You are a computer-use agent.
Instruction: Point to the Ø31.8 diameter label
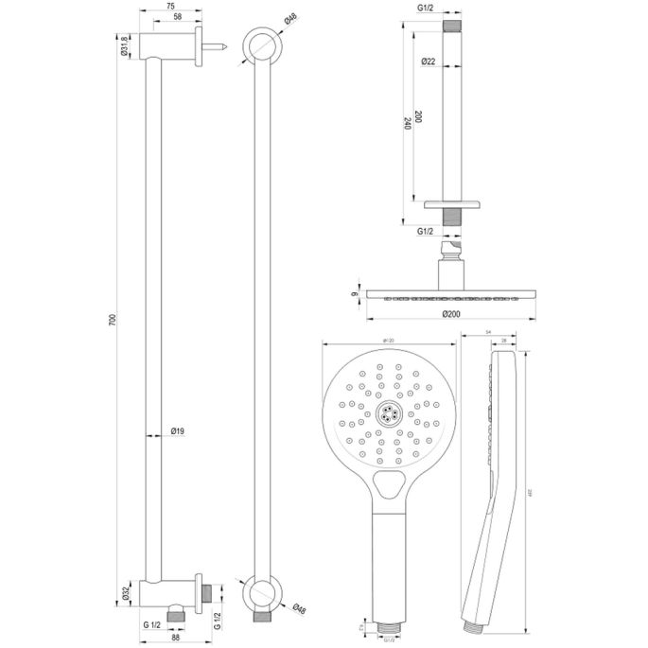(x=125, y=45)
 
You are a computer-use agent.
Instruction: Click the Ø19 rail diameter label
(x=177, y=432)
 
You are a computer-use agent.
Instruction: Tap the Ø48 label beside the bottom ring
(x=296, y=608)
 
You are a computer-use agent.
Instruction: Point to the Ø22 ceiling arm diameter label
(x=429, y=61)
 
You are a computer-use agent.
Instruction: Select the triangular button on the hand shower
(x=389, y=487)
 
